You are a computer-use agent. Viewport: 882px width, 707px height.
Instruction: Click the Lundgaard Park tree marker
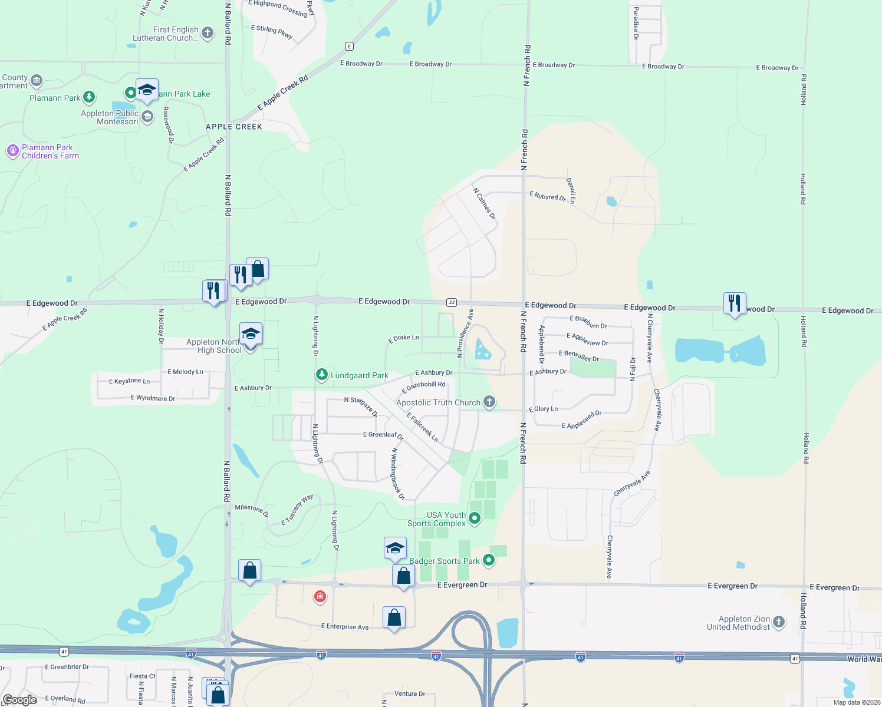coord(321,374)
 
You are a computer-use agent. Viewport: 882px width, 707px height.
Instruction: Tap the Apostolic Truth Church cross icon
coord(489,402)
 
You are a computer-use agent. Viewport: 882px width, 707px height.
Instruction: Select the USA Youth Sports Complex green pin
coord(475,518)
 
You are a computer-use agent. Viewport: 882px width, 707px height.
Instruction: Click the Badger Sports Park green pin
coord(489,560)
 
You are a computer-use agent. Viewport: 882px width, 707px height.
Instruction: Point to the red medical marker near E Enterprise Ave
coord(320,597)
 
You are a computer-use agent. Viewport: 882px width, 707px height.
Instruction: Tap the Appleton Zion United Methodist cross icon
coord(778,622)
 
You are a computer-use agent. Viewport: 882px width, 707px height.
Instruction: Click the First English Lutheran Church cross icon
coord(208,33)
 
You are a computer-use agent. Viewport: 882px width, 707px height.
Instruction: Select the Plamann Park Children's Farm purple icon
coord(13,151)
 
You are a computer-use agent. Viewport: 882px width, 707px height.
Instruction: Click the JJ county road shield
coord(452,302)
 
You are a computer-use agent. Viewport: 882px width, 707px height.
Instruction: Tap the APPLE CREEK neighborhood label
coord(233,127)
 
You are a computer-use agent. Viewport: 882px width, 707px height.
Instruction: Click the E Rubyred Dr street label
coord(548,196)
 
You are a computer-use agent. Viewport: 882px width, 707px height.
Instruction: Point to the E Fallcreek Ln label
coord(422,427)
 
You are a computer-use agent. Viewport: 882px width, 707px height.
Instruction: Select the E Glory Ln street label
coord(543,409)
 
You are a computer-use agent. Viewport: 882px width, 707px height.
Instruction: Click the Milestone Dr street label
coord(252,510)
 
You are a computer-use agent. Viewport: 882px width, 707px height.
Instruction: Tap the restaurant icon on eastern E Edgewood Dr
coord(735,303)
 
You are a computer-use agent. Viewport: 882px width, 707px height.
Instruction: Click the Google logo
coord(20,700)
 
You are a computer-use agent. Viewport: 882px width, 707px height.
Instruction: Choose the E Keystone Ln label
coord(129,381)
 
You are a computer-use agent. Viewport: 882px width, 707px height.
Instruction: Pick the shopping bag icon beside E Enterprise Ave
coord(394,617)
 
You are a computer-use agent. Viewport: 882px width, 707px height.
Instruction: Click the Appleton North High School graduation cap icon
coord(251,333)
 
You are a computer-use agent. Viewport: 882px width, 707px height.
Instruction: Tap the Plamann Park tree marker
coord(89,97)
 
